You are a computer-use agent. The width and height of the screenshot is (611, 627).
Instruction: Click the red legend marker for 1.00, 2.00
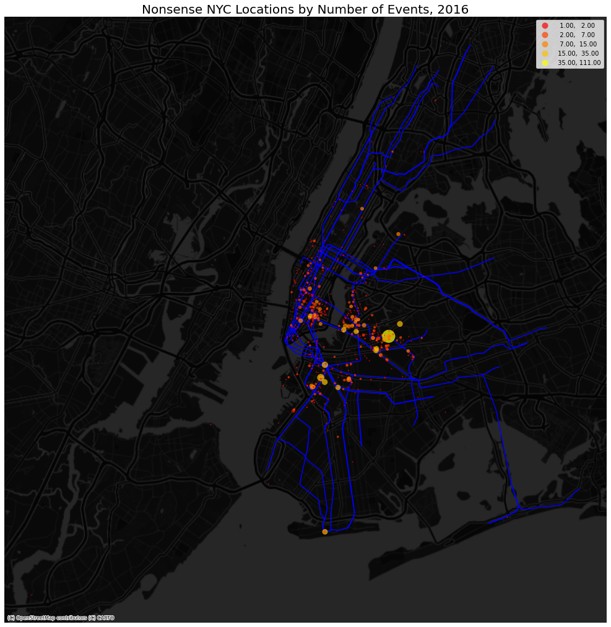(x=545, y=25)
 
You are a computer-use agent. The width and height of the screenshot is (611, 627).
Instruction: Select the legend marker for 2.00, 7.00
(x=545, y=35)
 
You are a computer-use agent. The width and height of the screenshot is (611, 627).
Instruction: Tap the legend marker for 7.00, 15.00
(x=545, y=44)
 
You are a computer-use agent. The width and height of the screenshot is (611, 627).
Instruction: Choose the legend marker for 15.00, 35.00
(x=545, y=53)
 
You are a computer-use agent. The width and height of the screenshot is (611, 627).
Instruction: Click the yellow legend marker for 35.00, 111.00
(x=545, y=63)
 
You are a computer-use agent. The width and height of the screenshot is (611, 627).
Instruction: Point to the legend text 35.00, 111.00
(x=579, y=63)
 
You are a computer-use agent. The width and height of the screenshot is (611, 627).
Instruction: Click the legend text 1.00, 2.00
(x=577, y=25)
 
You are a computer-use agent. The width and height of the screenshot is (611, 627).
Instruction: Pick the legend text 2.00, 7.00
(x=577, y=35)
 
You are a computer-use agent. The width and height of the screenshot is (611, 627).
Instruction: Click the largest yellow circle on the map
(x=388, y=336)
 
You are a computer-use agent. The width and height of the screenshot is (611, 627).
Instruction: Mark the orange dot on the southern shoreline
(x=325, y=532)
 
